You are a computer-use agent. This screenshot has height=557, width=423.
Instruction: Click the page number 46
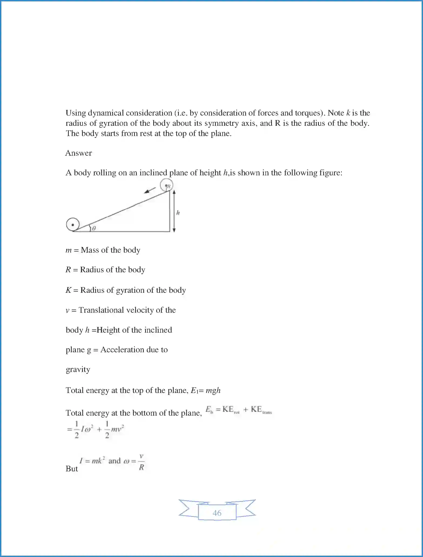pyautogui.click(x=217, y=513)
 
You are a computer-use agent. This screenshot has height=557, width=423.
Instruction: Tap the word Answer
pyautogui.click(x=79, y=153)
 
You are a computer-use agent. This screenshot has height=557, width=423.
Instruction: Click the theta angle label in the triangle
pyautogui.click(x=94, y=228)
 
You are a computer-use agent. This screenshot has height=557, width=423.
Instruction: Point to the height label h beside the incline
pyautogui.click(x=178, y=213)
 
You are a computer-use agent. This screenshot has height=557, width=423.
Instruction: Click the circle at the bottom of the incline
pyautogui.click(x=73, y=224)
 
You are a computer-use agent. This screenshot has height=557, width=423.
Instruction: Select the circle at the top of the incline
pyautogui.click(x=166, y=185)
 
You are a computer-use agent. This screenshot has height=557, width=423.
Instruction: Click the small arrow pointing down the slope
pyautogui.click(x=150, y=190)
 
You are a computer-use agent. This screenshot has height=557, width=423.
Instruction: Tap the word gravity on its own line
pyautogui.click(x=78, y=369)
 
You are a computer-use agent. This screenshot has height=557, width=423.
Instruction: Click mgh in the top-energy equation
pyautogui.click(x=213, y=390)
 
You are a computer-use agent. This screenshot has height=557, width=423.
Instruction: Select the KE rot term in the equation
pyautogui.click(x=231, y=410)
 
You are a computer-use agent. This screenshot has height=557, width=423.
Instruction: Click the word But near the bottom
pyautogui.click(x=72, y=469)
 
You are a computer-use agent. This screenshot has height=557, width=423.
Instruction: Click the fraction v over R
pyautogui.click(x=141, y=462)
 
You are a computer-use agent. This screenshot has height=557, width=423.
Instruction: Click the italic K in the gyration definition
pyautogui.click(x=68, y=290)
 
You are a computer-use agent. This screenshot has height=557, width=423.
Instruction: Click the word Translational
pyautogui.click(x=101, y=310)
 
